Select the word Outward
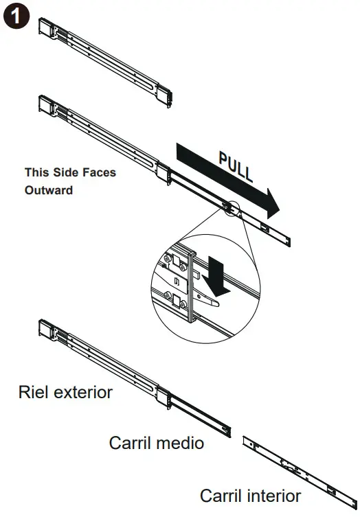click(x=49, y=190)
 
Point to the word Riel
click(x=34, y=392)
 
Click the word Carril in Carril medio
click(x=130, y=442)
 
